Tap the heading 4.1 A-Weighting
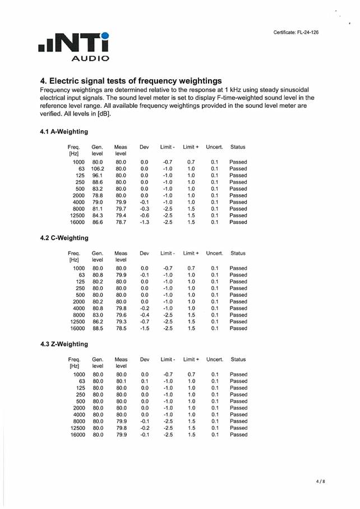[64, 132]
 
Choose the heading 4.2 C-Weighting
[64, 238]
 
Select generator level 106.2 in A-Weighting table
[98, 168]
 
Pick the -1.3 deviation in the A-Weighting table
[144, 222]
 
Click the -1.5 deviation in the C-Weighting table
[144, 328]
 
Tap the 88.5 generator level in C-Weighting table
[98, 328]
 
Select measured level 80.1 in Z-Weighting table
[121, 381]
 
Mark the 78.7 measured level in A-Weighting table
[121, 222]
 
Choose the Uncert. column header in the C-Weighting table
[214, 253]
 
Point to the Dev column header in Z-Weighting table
[144, 359]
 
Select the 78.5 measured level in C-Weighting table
[121, 328]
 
